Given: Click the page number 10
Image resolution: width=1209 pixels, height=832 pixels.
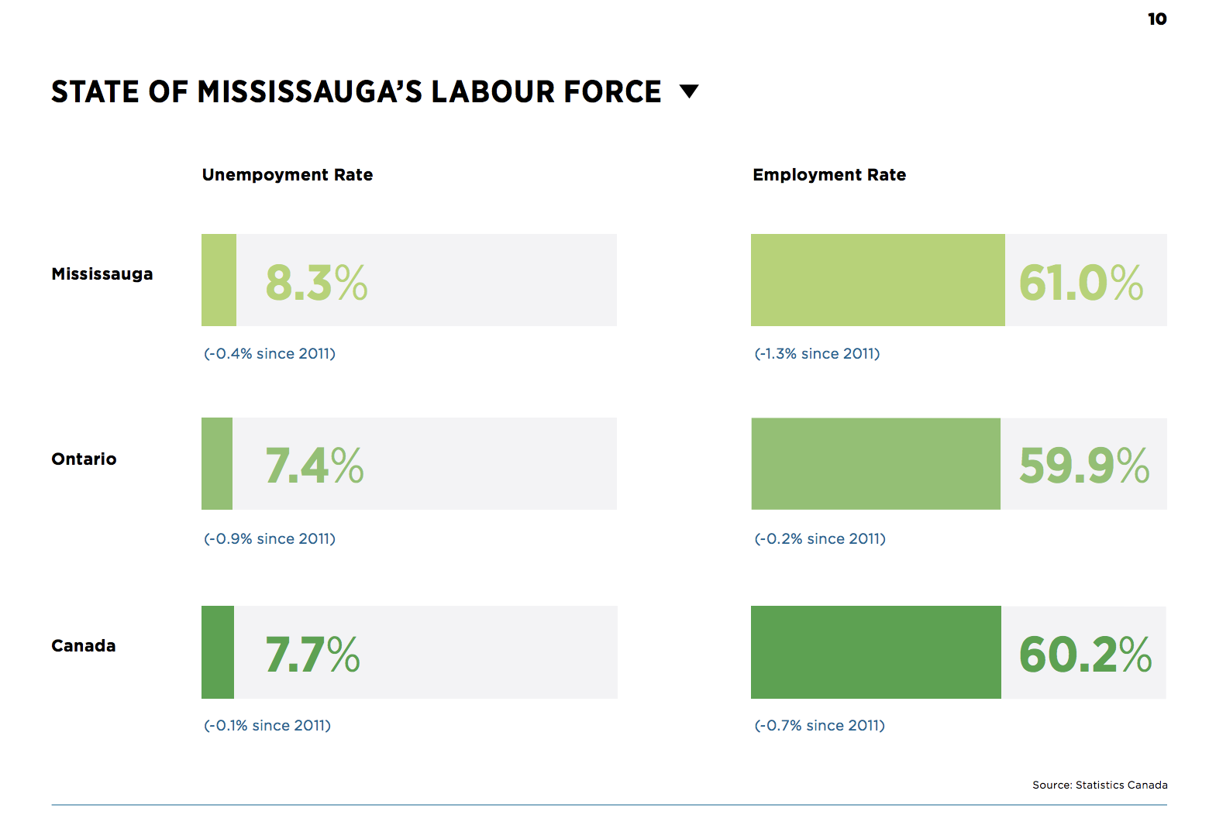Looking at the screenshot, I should (1156, 19).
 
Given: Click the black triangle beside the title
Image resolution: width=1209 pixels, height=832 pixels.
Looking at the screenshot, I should (689, 91).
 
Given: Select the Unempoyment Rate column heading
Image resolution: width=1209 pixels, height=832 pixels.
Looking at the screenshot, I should (288, 175).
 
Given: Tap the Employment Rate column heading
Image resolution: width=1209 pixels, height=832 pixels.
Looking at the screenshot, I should (829, 175).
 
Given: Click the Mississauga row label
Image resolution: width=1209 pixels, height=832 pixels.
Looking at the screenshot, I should (102, 274).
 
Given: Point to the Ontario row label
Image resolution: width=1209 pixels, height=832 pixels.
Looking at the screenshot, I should (84, 459).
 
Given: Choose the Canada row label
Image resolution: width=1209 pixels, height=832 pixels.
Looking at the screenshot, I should (84, 646).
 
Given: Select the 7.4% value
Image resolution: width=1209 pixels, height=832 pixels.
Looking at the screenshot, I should (314, 466).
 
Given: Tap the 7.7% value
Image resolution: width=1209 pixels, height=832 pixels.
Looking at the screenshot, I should (312, 655).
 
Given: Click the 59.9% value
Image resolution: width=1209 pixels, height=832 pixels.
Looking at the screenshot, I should (1083, 466).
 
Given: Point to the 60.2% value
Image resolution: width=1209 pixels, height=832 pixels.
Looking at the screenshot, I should (1085, 655).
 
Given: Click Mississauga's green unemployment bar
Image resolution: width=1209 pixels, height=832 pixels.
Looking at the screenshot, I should (219, 280).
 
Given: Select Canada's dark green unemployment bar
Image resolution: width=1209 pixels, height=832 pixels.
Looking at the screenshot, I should (218, 652).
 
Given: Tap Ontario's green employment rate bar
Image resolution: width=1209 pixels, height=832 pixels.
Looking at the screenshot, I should (876, 464).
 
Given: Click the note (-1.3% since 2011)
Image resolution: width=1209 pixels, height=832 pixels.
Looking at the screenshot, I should (817, 354).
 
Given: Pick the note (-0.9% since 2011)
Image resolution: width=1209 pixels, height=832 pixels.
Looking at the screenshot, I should (270, 539).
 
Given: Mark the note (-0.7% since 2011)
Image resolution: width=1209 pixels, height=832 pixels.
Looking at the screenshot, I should (819, 726).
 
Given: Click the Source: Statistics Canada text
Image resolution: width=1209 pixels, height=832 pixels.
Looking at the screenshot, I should (1099, 785).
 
